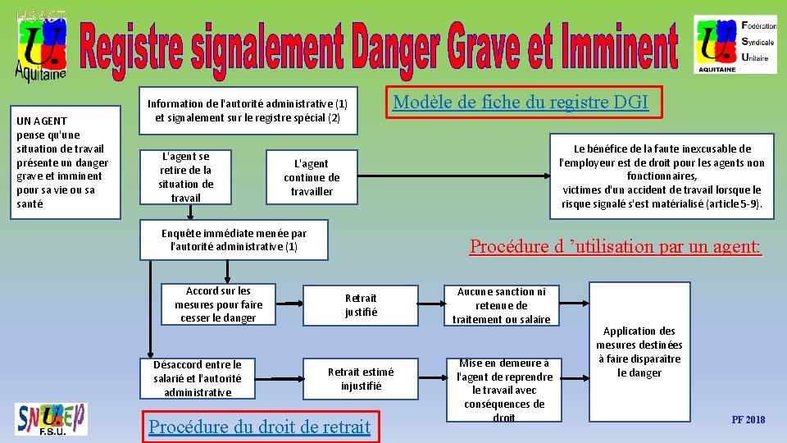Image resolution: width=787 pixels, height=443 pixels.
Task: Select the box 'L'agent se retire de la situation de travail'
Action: pos(186,176)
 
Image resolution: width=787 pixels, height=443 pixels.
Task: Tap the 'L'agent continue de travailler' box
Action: pos(312,177)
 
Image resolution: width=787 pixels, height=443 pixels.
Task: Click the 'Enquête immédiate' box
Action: pos(234,240)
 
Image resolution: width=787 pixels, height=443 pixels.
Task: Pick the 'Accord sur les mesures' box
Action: pos(218,304)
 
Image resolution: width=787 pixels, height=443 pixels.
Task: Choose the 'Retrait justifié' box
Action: pos(361,304)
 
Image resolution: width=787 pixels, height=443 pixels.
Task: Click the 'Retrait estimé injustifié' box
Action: pos(361,378)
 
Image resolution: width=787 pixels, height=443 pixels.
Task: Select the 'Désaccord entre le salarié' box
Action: pos(198,378)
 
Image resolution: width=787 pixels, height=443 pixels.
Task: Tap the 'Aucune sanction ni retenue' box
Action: pos(502,305)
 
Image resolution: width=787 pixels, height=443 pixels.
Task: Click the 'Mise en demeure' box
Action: pos(504,390)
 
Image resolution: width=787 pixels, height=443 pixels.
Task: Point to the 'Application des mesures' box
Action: pos(639,352)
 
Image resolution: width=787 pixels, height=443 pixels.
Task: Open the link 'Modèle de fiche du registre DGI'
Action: pos(521,103)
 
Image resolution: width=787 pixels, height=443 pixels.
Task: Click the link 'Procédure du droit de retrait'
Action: pos(259,427)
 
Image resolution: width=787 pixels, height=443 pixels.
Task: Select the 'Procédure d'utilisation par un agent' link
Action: pos(616,246)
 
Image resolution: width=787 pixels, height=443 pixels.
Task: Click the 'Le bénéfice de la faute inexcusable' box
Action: pos(662,176)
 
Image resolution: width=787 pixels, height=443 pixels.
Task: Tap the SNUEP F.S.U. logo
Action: pos(51,418)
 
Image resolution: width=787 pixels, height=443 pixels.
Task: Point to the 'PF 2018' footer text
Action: pos(748,420)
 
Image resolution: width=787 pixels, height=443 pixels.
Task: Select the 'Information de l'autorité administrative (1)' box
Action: pos(247,111)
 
